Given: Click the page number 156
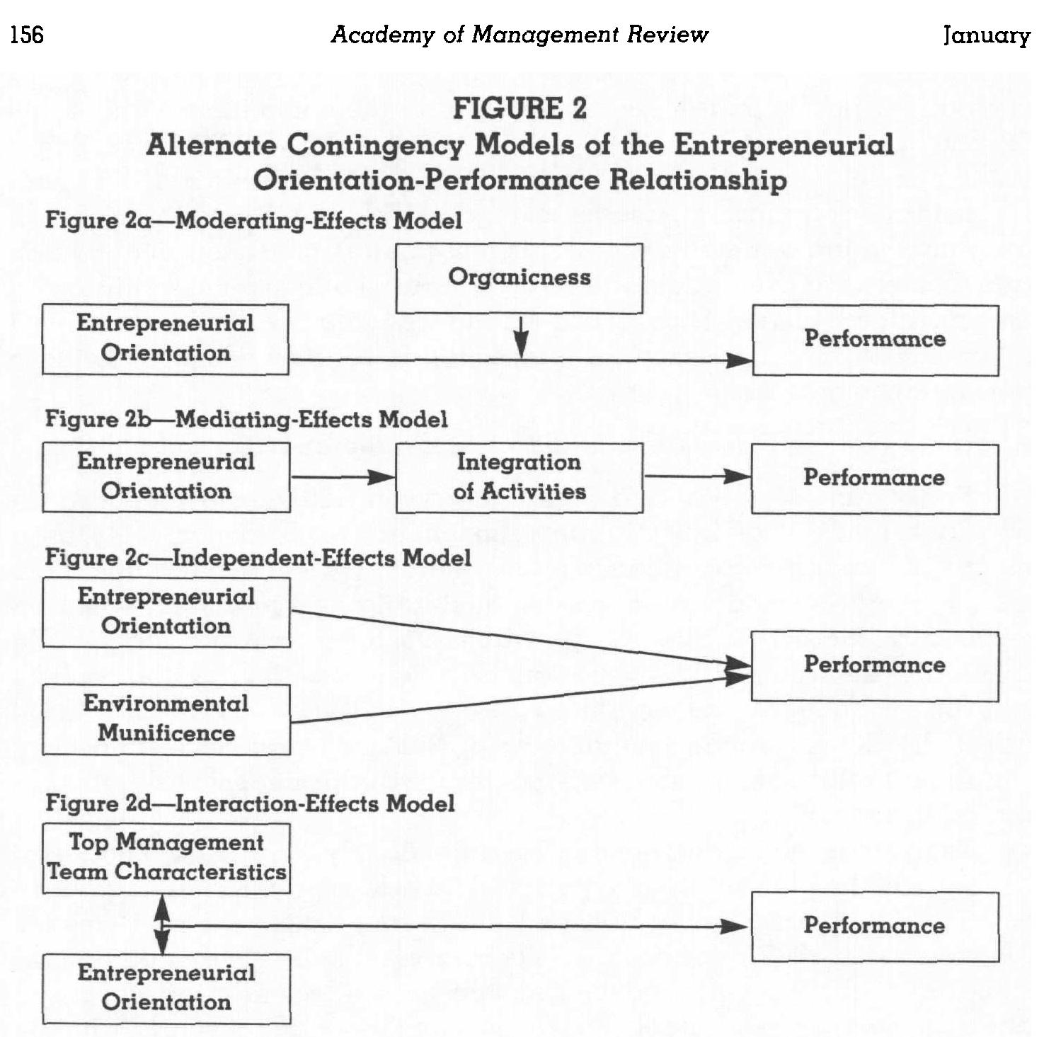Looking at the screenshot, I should [x=27, y=34].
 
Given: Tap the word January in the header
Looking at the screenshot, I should [x=986, y=35].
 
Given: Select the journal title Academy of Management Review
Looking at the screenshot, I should [x=520, y=34].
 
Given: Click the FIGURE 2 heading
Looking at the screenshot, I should [x=520, y=108].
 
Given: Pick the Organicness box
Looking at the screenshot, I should [x=519, y=277].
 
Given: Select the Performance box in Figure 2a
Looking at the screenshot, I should [x=875, y=340].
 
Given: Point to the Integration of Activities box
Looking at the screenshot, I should [x=520, y=477].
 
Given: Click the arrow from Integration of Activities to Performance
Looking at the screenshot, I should [x=696, y=476].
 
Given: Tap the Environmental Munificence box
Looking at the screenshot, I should [x=166, y=718].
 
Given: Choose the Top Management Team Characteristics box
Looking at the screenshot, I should [x=166, y=857].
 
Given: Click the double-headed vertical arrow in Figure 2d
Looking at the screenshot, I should [x=162, y=924].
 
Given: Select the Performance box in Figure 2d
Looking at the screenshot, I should [x=875, y=926].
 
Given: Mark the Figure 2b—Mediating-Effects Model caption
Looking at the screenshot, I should [x=246, y=419].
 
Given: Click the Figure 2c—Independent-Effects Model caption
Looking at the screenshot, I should [x=258, y=558].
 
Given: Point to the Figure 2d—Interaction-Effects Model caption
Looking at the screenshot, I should [x=250, y=803].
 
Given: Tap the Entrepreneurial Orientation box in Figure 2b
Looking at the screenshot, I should [x=166, y=477].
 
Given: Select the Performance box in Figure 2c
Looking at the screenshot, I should [x=875, y=665].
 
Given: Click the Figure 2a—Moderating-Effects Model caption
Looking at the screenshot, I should [x=253, y=220].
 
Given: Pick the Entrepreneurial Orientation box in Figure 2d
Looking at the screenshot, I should [x=166, y=988].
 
